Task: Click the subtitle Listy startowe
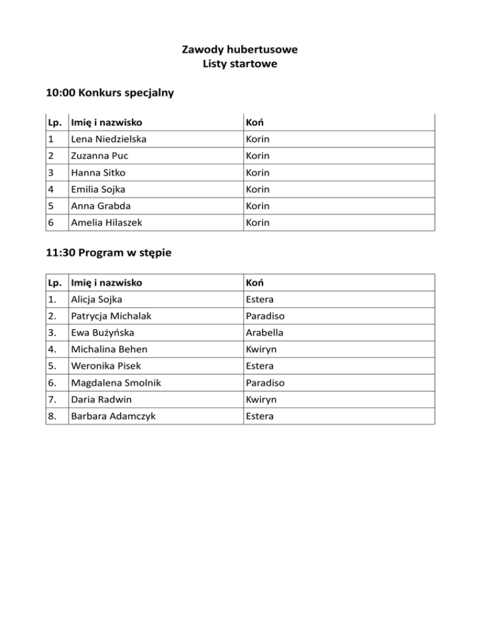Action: [x=239, y=63]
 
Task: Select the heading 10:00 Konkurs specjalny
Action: [x=109, y=94]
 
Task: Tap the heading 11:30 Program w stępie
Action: [x=110, y=253]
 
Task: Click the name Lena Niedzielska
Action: [x=109, y=139]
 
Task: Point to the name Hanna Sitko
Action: [x=97, y=172]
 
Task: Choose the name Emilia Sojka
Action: [x=99, y=189]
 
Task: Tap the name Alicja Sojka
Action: [x=96, y=299]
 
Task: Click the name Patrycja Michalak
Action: [x=111, y=316]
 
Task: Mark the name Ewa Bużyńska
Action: [x=102, y=332]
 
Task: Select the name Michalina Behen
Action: [x=109, y=349]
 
